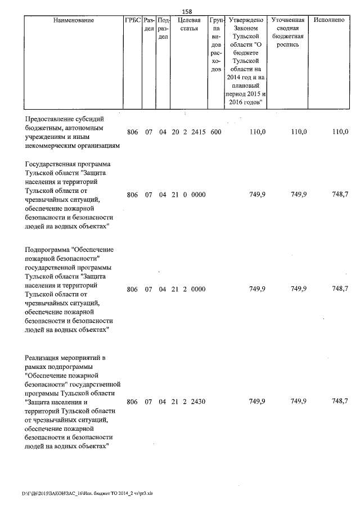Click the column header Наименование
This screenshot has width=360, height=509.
pyautogui.click(x=74, y=20)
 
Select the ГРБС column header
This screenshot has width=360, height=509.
pyautogui.click(x=132, y=20)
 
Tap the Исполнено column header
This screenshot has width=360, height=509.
pyautogui.click(x=330, y=20)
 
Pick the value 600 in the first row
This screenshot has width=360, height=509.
pyautogui.click(x=216, y=132)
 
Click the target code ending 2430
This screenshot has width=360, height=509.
pyautogui.click(x=198, y=402)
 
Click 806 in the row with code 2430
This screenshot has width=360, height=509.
pyautogui.click(x=132, y=402)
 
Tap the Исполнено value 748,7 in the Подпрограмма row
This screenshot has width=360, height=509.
pyautogui.click(x=340, y=289)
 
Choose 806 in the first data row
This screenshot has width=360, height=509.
pyautogui.click(x=132, y=132)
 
